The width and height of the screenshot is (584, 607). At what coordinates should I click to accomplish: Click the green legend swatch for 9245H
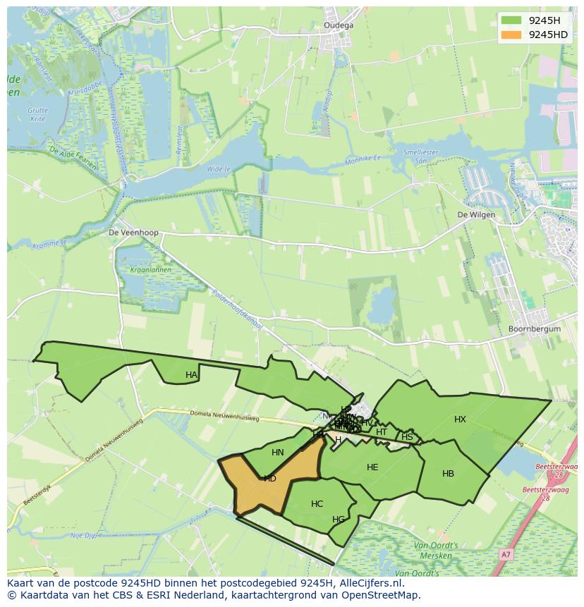click(511, 20)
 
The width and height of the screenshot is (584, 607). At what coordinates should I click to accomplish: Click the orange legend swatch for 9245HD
click(511, 35)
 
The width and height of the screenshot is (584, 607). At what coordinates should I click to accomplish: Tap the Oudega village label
click(339, 25)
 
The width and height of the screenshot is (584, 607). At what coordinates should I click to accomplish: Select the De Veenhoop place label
click(133, 232)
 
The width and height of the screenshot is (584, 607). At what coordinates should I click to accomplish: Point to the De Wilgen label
click(476, 215)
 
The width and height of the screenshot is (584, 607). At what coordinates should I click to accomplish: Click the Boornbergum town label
click(534, 329)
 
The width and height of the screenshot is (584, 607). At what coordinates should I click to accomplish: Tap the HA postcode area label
click(191, 375)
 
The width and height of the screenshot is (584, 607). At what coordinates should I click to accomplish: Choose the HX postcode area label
click(460, 419)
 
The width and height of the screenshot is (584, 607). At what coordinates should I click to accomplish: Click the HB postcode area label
click(448, 474)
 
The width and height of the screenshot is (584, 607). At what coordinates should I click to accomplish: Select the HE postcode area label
click(372, 467)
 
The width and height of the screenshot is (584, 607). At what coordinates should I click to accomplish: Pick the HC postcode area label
click(317, 504)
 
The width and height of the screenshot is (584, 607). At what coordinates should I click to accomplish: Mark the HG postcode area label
click(339, 520)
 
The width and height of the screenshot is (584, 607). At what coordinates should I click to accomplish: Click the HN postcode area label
click(278, 453)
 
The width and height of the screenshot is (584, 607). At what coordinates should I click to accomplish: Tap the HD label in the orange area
click(269, 479)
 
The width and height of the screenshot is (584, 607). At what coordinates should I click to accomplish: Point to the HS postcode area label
click(407, 437)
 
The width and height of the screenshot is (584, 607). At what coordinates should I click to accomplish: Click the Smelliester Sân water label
click(421, 157)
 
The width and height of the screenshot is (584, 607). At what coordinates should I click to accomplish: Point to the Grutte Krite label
click(37, 115)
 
